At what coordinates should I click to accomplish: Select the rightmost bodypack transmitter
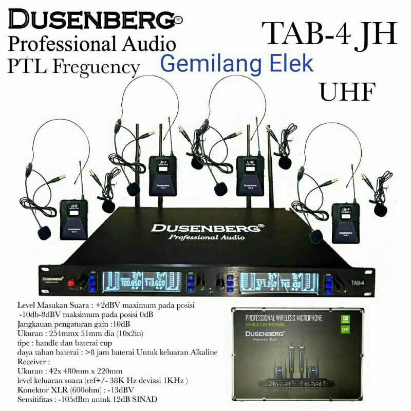[x=345, y=222]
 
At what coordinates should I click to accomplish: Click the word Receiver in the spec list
[x=31, y=362]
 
